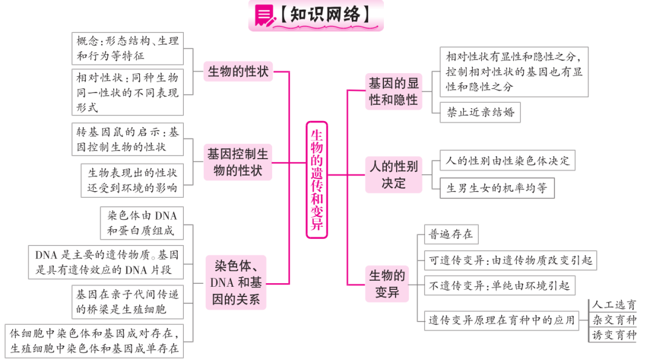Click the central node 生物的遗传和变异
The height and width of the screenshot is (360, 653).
(x=316, y=180)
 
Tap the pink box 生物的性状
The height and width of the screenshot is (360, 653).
(x=238, y=71)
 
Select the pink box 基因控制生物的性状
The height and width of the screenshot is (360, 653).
(x=238, y=162)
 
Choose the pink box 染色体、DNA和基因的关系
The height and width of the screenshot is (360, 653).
(x=236, y=283)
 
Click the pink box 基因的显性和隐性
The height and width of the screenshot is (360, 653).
(x=394, y=92)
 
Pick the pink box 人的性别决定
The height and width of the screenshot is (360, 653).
(x=394, y=175)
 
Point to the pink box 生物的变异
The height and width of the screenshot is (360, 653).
(x=387, y=284)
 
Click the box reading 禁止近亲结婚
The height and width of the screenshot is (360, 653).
(x=480, y=112)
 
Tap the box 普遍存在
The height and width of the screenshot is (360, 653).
(x=451, y=234)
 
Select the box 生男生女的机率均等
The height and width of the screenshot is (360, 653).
(x=497, y=188)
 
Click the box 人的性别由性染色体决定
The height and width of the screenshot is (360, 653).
(x=507, y=160)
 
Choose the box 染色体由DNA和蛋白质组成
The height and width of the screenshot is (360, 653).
(x=141, y=223)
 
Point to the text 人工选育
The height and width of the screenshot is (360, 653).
(x=614, y=304)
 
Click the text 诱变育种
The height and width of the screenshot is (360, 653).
(x=614, y=335)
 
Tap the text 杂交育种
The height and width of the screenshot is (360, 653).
(x=614, y=319)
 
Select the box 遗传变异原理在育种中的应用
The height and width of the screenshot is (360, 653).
(x=501, y=321)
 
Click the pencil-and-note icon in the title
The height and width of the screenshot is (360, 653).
(x=264, y=15)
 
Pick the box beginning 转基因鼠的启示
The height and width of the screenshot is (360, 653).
(x=128, y=139)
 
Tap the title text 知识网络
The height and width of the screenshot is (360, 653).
(x=325, y=14)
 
